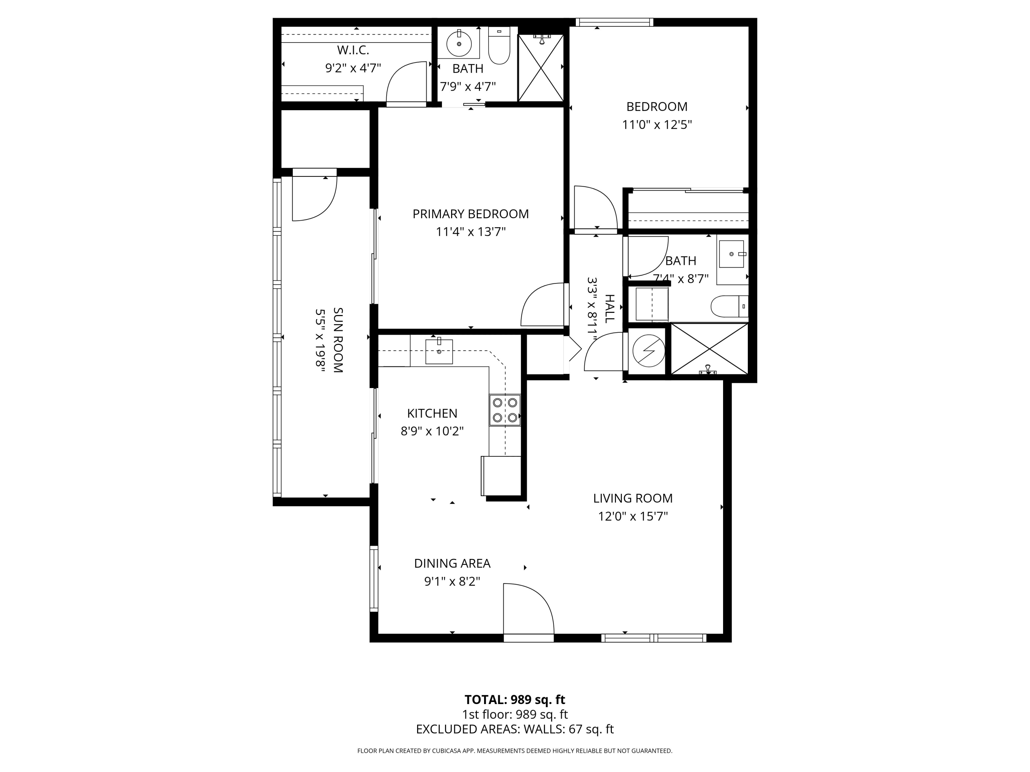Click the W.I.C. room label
353,50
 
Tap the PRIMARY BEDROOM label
471,214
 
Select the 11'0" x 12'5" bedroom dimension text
657,125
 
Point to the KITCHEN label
432,413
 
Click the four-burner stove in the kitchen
505,410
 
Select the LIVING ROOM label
633,499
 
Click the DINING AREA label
452,563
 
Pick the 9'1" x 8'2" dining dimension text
452,582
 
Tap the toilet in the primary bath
499,45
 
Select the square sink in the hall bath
732,254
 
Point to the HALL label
609,308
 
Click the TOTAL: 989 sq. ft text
515,699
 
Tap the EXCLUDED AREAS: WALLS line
515,729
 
